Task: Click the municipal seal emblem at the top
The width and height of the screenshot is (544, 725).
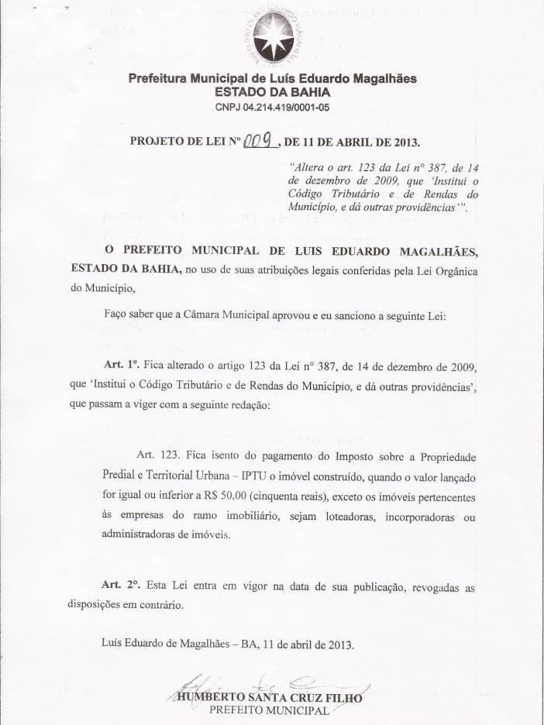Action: tap(272, 35)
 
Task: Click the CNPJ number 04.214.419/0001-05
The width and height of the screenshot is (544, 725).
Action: tap(272, 107)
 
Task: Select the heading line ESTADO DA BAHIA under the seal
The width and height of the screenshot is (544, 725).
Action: tap(272, 91)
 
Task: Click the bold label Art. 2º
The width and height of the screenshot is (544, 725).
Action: tap(120, 588)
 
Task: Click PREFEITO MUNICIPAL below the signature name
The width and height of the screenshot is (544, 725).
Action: tap(270, 710)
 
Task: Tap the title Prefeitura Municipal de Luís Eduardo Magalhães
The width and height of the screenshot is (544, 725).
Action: tap(272, 78)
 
